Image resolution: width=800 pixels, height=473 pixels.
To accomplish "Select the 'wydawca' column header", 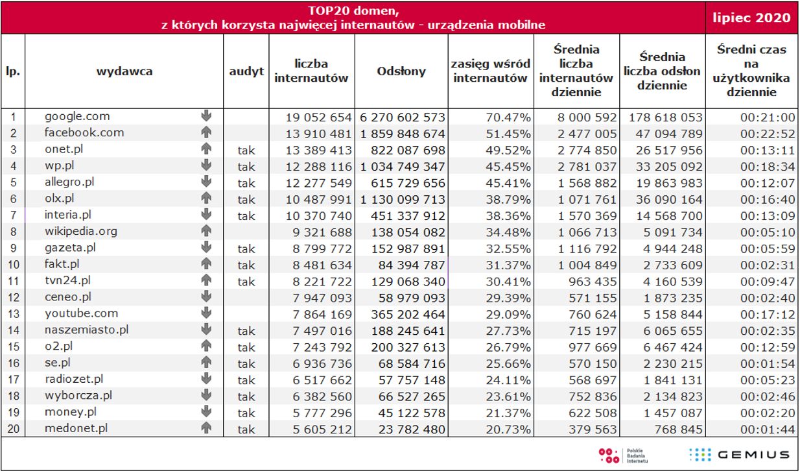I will (x=124, y=71).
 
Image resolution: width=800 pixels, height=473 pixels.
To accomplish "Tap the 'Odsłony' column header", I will (x=401, y=71).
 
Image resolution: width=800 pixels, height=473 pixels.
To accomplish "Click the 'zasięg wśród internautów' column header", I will (x=490, y=71).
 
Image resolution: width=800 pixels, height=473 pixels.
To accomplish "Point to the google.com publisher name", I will (x=77, y=117).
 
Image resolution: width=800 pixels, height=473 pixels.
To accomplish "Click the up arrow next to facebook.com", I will (x=207, y=133).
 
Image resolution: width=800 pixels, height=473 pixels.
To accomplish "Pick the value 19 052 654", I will (x=318, y=117).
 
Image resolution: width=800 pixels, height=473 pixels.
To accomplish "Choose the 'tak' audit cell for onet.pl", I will (x=246, y=150).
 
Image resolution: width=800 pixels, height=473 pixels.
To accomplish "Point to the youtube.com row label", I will (x=81, y=313).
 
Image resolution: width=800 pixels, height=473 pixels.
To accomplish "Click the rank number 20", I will (x=13, y=428).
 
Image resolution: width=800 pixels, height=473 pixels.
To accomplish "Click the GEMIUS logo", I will (x=739, y=454).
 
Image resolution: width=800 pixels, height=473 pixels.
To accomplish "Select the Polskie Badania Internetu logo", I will (x=622, y=454).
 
